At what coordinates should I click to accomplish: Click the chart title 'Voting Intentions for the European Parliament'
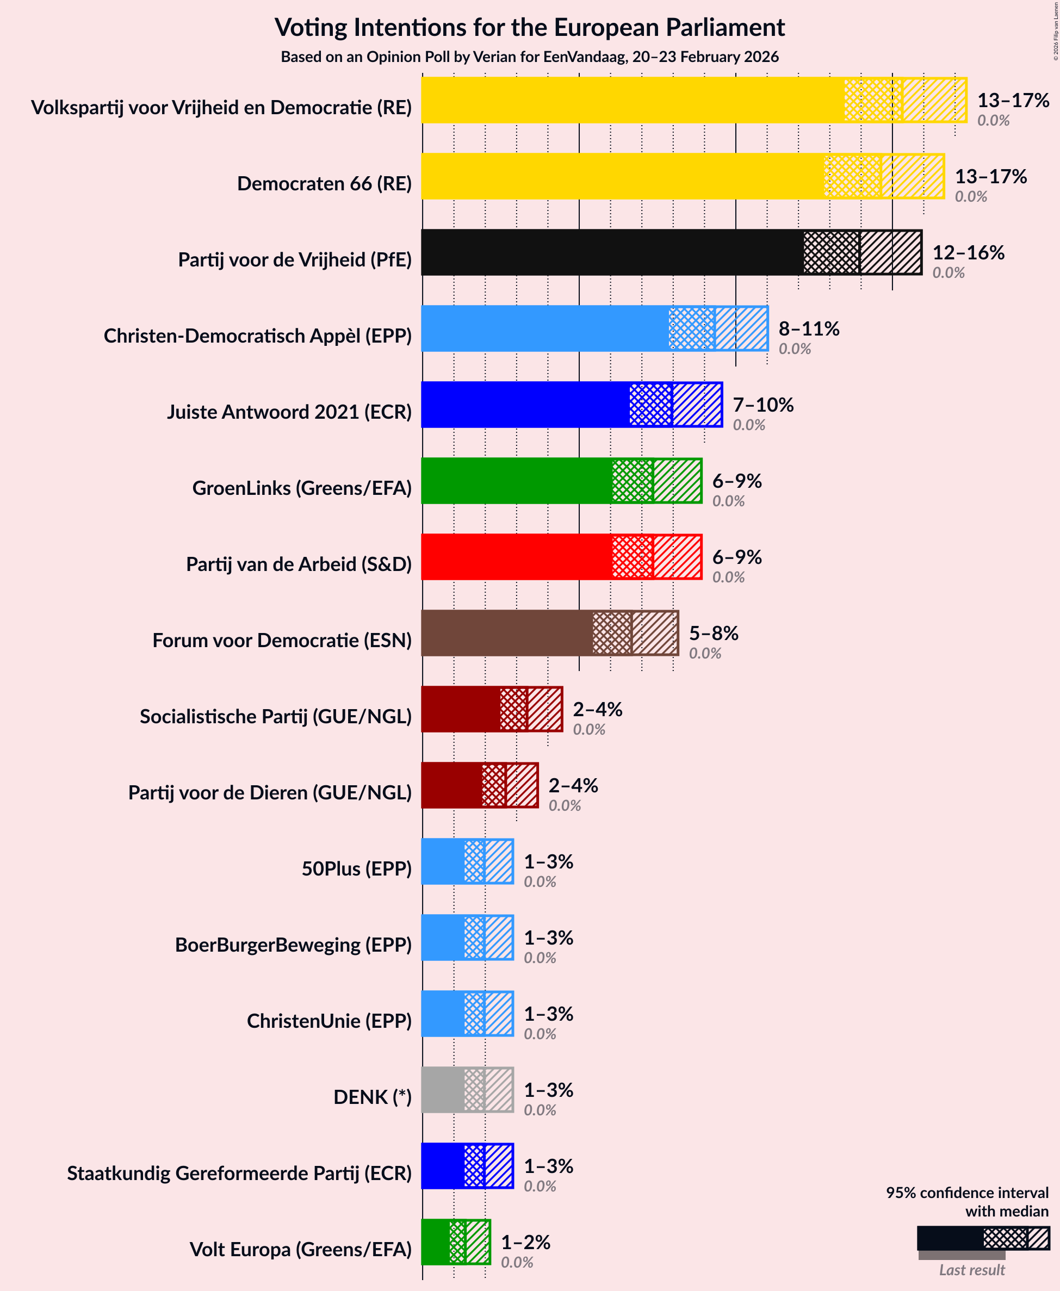coord(529,28)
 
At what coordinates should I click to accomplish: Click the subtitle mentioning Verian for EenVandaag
coord(529,57)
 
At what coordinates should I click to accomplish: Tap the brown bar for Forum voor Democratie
coord(549,633)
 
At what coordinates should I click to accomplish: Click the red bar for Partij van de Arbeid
coord(562,557)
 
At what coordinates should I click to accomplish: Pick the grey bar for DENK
coord(467,1090)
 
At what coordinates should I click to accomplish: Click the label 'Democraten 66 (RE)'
coord(324,183)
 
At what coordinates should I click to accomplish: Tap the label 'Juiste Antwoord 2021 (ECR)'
coord(289,412)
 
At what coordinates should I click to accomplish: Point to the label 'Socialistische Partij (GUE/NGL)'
coord(275,716)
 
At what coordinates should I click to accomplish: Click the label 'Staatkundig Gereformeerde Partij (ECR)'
coord(239,1173)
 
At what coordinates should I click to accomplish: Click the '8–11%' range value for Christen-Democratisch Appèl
coord(808,328)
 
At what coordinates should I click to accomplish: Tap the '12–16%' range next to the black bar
coord(968,252)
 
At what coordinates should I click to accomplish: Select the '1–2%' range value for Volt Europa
coord(525,1242)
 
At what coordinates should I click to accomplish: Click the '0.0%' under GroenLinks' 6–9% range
coord(728,501)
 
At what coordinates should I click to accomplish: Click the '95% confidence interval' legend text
coord(966,1192)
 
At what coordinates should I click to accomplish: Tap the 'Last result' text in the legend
coord(971,1270)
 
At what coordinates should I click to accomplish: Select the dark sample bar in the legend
coord(950,1238)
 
